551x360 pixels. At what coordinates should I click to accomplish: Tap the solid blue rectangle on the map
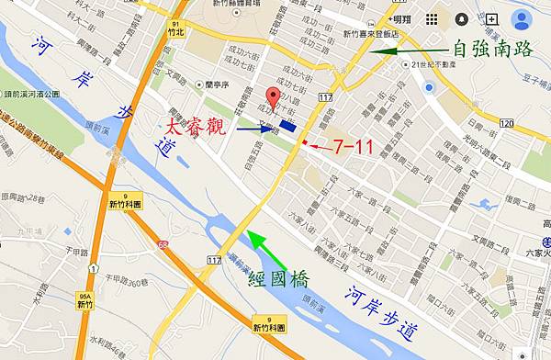coord(287,129)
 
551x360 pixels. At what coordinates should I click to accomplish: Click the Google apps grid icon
coord(432,18)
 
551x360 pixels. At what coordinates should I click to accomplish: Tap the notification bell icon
coord(461,18)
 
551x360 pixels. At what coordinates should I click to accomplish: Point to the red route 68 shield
coord(163,244)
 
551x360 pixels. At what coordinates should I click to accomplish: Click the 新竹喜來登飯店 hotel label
coord(371,35)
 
